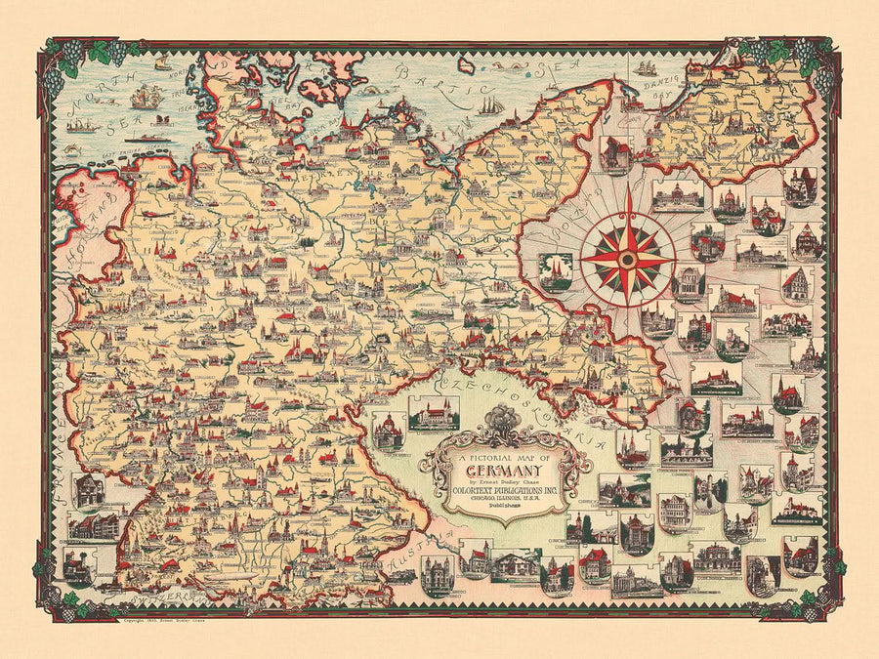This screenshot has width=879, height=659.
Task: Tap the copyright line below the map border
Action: [x=166, y=621]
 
